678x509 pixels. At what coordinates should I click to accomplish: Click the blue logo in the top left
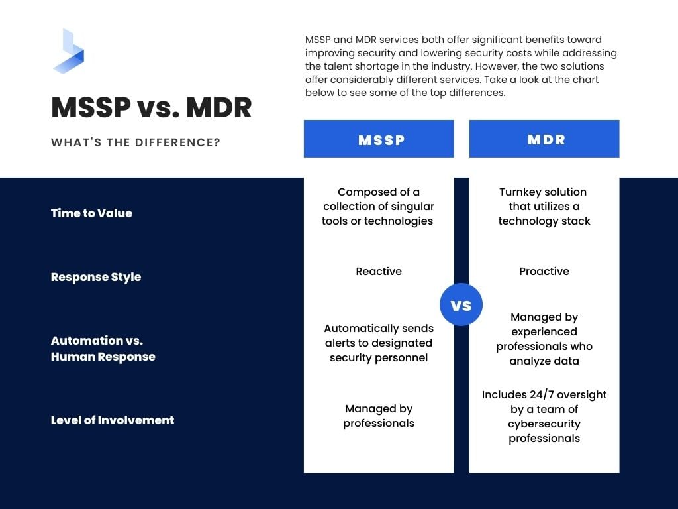68,51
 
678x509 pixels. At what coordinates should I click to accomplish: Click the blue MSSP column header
379,139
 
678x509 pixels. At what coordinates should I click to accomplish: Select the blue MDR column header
544,139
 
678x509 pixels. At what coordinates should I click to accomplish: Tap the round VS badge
461,305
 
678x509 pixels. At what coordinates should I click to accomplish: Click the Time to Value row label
91,213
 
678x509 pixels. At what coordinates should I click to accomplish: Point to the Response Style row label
96,277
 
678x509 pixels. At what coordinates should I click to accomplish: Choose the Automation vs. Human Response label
103,349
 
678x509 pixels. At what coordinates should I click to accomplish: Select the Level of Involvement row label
113,420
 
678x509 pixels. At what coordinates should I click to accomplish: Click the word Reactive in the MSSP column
379,272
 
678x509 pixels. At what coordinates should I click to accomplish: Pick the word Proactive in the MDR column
544,272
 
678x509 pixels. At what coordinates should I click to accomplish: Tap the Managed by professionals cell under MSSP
379,416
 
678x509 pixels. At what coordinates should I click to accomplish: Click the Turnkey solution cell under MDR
544,207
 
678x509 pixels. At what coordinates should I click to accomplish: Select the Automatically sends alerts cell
379,343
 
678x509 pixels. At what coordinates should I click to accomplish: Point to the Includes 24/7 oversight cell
544,416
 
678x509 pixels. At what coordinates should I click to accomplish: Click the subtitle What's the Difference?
136,142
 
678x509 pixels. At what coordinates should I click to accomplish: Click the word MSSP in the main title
91,108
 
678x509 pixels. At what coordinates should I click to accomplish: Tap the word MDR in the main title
218,108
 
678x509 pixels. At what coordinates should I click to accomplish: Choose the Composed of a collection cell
379,207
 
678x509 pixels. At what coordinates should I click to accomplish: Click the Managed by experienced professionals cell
544,339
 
